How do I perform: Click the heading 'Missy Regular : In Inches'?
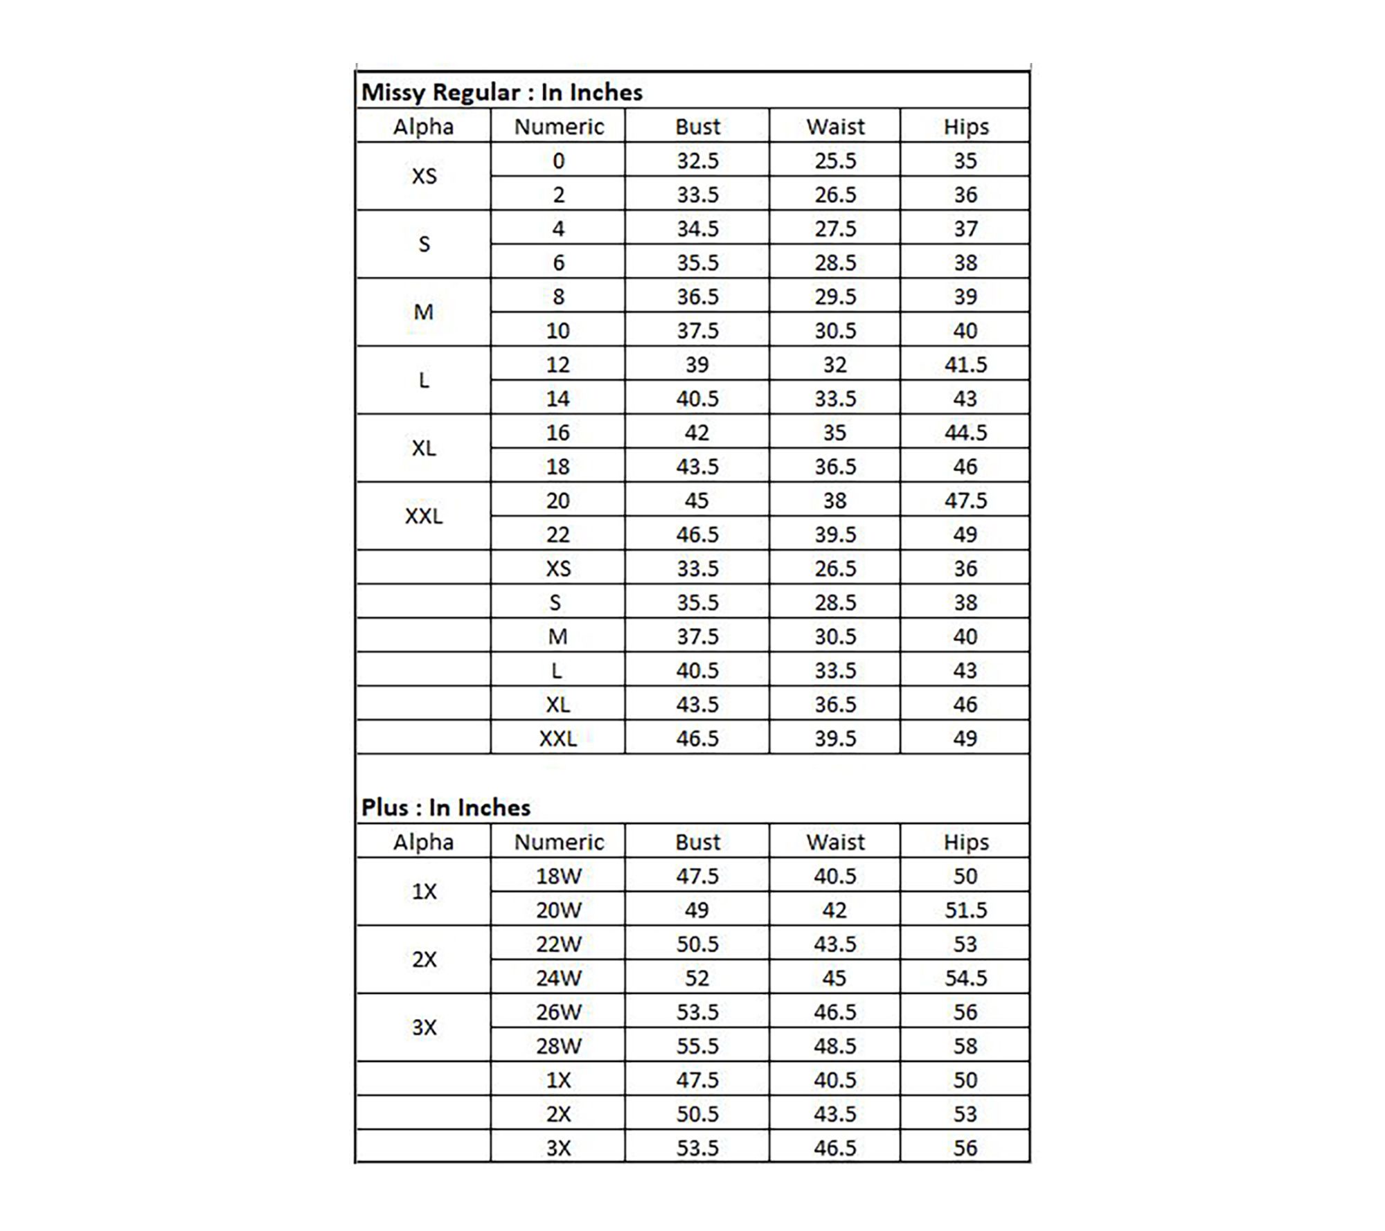pyautogui.click(x=501, y=92)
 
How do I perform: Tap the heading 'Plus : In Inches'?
pyautogui.click(x=445, y=807)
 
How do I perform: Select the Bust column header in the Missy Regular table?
pyautogui.click(x=697, y=127)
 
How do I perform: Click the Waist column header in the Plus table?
pyautogui.click(x=835, y=842)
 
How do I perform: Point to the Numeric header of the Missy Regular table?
pyautogui.click(x=559, y=127)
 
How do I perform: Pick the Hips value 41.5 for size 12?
pyautogui.click(x=965, y=364)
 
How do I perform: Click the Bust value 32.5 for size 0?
pyautogui.click(x=697, y=161)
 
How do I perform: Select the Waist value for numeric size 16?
pyautogui.click(x=834, y=433)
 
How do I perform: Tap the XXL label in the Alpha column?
pyautogui.click(x=424, y=516)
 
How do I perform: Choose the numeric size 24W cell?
pyautogui.click(x=559, y=978)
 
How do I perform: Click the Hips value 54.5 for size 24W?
pyautogui.click(x=965, y=978)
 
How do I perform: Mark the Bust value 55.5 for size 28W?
pyautogui.click(x=697, y=1045)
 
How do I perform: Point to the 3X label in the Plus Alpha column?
pyautogui.click(x=425, y=1027)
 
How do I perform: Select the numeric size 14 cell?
pyautogui.click(x=558, y=399)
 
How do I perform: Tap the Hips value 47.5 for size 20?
pyautogui.click(x=965, y=501)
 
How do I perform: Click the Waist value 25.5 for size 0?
pyautogui.click(x=835, y=161)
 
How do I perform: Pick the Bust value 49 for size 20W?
pyautogui.click(x=697, y=910)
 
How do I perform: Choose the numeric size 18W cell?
pyautogui.click(x=559, y=876)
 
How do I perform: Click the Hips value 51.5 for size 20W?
pyautogui.click(x=965, y=910)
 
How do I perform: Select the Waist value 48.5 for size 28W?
pyautogui.click(x=835, y=1045)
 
